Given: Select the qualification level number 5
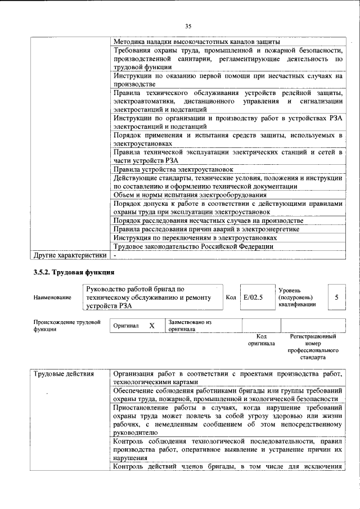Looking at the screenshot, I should coord(336,297).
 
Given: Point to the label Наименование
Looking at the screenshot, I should coord(52,298).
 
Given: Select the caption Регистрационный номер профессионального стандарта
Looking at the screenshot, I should coord(312,346).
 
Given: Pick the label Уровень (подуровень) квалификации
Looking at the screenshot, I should coord(296,297).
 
